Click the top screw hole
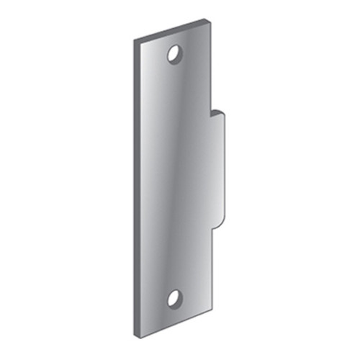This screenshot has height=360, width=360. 174,53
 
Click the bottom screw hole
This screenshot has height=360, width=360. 174,297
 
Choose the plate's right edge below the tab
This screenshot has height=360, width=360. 212,281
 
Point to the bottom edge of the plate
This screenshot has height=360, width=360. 173,336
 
